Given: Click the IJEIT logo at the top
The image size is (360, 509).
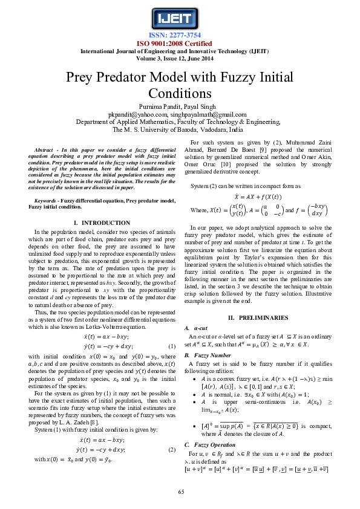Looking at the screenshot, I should tap(179, 16).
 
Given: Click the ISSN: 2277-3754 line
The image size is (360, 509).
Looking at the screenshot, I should tap(179, 36).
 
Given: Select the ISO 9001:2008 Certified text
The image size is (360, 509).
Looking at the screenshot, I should tap(179, 44).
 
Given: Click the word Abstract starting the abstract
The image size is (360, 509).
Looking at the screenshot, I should tap(45, 149).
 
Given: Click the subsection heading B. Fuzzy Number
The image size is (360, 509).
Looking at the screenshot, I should tap(208, 355).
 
